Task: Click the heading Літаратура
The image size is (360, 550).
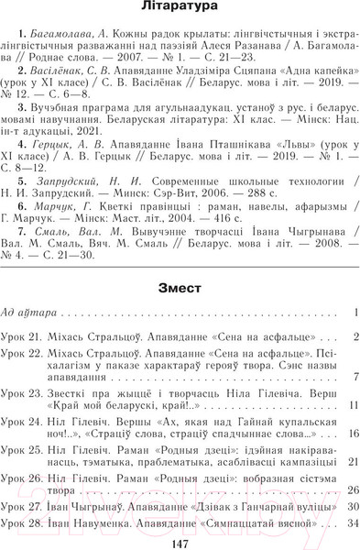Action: click(180, 9)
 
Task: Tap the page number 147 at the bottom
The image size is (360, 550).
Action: click(180, 541)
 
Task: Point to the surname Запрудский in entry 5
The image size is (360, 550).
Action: click(64, 182)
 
